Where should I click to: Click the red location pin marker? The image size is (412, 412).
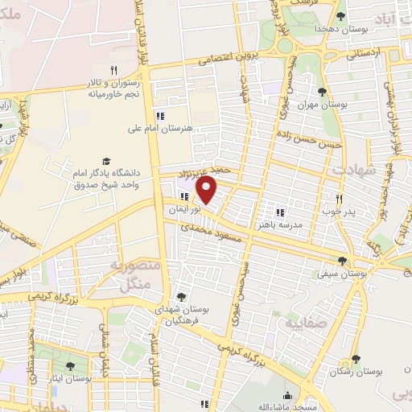pyautogui.click(x=208, y=190)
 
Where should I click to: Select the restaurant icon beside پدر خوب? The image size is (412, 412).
pyautogui.click(x=339, y=199)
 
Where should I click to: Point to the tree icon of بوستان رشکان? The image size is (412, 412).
pyautogui.click(x=355, y=360)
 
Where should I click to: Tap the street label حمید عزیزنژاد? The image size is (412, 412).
pyautogui.click(x=210, y=170)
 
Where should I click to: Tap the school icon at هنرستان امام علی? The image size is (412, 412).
pyautogui.click(x=159, y=113)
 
